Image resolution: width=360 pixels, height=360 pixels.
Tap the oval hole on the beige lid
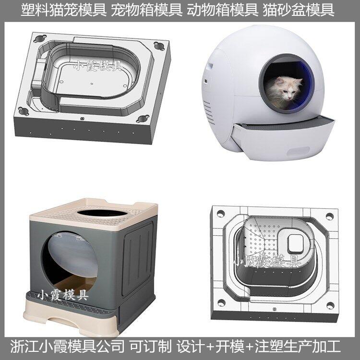(x=102, y=213)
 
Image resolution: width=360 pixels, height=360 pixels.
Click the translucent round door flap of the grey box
(x=73, y=255)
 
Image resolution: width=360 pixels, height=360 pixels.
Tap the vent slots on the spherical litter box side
(x=209, y=112)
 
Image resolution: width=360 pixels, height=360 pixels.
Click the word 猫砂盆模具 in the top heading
(x=299, y=11)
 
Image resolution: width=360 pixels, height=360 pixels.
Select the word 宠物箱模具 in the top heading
(x=147, y=11)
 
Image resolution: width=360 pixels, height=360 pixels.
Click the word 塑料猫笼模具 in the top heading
(x=64, y=11)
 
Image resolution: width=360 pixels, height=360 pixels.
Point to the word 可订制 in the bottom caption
(x=150, y=347)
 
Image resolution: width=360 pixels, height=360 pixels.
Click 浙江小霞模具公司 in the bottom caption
(x=67, y=347)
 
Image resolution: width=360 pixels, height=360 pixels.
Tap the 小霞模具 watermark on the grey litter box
(x=63, y=295)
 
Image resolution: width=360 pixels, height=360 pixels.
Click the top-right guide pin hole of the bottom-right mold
(x=330, y=216)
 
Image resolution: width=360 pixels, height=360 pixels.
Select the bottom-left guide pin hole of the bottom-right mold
(x=221, y=303)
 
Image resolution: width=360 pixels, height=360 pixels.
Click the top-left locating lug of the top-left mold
(x=40, y=38)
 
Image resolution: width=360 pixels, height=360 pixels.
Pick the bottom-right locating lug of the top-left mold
(x=143, y=119)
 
